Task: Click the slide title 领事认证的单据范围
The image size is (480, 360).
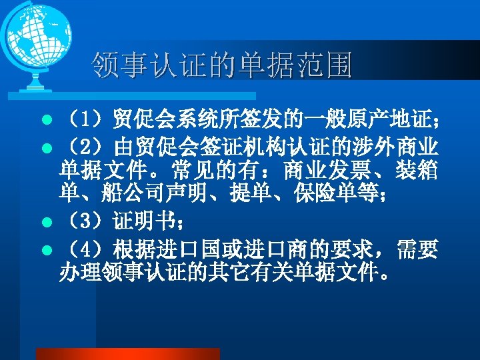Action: pos(221,65)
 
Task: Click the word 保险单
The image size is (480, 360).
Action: pos(307,196)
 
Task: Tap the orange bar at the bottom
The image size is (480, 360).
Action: pos(127,353)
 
